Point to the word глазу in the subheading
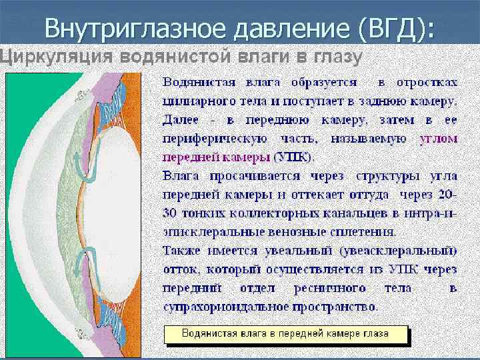point(336,57)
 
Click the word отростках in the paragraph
point(427,83)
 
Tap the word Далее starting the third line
point(181,121)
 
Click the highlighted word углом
point(438,139)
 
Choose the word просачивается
point(249,177)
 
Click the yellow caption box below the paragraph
point(286,333)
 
